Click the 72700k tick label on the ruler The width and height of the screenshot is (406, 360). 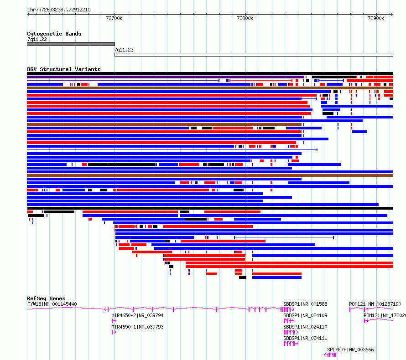point(114,18)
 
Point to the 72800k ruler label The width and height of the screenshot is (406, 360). point(245,18)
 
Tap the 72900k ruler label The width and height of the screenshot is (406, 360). point(376,18)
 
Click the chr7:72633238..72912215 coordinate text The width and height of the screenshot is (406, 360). point(59,10)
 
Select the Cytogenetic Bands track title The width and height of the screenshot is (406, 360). point(54,34)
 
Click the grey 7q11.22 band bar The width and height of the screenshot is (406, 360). point(71,44)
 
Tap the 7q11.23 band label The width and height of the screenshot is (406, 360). point(124,50)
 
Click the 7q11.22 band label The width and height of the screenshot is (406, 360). point(37,39)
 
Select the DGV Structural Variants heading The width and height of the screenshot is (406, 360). point(64,69)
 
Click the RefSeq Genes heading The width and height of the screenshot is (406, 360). point(46,298)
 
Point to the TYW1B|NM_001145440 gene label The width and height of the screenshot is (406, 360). point(52,304)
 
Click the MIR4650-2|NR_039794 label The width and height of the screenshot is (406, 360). point(137,315)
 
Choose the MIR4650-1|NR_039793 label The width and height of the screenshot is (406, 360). point(137,327)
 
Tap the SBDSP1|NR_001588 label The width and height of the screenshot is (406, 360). point(305,304)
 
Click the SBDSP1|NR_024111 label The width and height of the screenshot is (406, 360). point(305,338)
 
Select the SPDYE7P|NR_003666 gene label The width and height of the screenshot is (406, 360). point(351,350)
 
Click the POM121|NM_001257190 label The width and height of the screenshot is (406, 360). point(375,304)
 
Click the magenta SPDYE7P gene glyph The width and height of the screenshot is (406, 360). point(330,355)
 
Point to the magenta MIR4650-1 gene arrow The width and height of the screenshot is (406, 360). point(114,332)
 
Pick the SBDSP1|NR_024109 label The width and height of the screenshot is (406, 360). point(305,315)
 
